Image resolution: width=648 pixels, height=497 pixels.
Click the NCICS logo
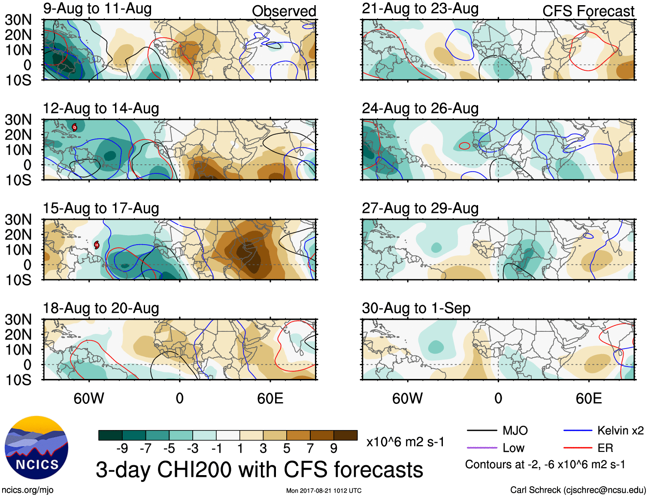coord(36,448)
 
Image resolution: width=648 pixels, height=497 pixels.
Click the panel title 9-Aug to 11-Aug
coord(97,9)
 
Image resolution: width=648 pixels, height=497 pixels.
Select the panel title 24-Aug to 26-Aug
coord(420,108)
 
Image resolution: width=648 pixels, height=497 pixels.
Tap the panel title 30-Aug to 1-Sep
coord(416,308)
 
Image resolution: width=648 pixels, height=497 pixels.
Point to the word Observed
coord(284,11)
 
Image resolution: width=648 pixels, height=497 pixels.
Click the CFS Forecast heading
coord(588,11)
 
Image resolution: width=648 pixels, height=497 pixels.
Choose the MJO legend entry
coord(515,430)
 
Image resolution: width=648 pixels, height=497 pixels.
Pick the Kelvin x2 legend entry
coord(620,430)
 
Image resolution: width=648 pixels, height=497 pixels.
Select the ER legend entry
coord(605,448)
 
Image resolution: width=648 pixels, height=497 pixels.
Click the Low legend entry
coord(513,448)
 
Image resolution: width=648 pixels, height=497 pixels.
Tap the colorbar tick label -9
coord(122,449)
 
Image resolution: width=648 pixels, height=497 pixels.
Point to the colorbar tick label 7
coord(310,449)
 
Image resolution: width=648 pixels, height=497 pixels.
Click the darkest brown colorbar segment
coord(345,435)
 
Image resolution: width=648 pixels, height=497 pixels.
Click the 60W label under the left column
coord(89,398)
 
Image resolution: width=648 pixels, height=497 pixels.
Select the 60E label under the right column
coord(588,398)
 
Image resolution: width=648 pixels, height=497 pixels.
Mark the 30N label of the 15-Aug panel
coord(18,220)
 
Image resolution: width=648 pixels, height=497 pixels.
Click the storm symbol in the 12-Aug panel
coord(74,127)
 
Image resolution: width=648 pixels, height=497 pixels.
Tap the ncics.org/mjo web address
coord(27,490)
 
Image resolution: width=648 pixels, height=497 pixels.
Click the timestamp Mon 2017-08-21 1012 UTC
coord(324,491)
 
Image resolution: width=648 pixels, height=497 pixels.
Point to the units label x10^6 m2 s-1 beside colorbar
coord(405,442)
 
